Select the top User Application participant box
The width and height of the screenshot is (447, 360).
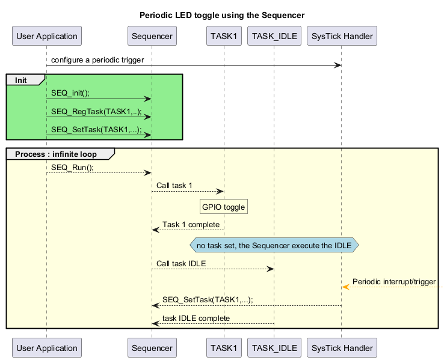click(x=46, y=36)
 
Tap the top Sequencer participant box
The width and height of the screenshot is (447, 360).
click(x=152, y=36)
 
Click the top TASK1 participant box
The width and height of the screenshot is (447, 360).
click(x=223, y=36)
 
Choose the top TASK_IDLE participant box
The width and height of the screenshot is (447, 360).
click(x=274, y=36)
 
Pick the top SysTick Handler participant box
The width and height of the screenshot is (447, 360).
click(x=341, y=36)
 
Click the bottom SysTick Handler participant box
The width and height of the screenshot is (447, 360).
click(x=341, y=347)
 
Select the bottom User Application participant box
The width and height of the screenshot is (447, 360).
click(x=46, y=347)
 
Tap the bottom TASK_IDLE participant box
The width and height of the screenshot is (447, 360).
click(x=274, y=347)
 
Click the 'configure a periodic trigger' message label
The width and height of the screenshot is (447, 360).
click(x=97, y=60)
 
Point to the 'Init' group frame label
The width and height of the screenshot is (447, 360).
click(x=21, y=80)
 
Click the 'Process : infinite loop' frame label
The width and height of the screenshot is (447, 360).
click(x=55, y=154)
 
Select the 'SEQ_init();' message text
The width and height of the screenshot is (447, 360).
click(x=70, y=94)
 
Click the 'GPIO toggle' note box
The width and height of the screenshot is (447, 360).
click(x=223, y=207)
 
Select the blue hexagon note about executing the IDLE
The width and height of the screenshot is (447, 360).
click(x=274, y=245)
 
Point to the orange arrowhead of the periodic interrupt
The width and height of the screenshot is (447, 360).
click(x=345, y=287)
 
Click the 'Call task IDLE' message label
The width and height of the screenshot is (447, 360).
click(x=182, y=263)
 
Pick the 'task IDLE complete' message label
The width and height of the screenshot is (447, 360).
click(x=196, y=318)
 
